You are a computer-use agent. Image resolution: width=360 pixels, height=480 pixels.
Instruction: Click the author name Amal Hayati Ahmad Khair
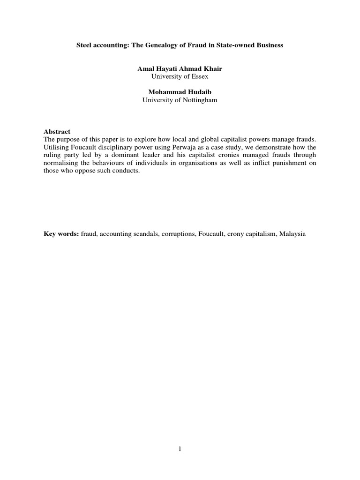click(x=180, y=68)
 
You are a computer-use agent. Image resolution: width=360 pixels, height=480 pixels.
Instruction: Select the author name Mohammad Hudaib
click(x=180, y=92)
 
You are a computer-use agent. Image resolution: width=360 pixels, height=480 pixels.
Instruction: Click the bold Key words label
click(x=61, y=233)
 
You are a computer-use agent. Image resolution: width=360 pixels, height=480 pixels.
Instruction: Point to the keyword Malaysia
click(x=292, y=233)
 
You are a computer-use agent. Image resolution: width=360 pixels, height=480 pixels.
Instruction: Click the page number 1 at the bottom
click(x=180, y=449)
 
